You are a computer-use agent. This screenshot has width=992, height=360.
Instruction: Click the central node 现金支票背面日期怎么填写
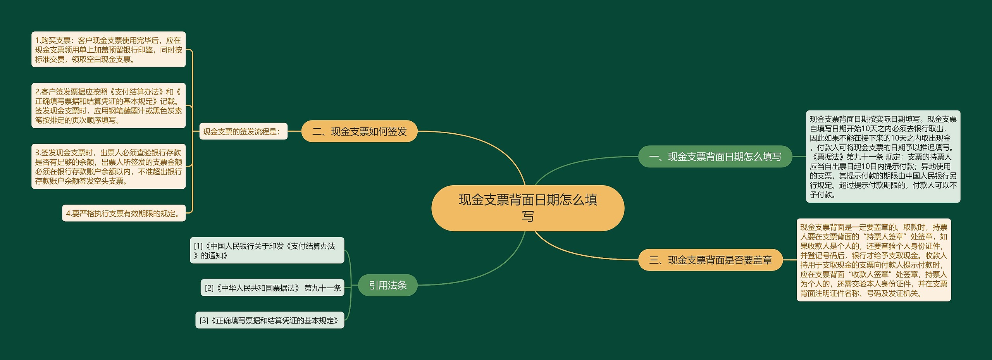[x=527, y=208]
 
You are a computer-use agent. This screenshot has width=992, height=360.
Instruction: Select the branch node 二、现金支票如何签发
[x=359, y=131]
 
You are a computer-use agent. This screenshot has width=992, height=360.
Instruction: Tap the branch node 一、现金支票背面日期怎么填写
[x=715, y=157]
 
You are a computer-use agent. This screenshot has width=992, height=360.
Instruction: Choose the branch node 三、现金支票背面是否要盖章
[x=710, y=260]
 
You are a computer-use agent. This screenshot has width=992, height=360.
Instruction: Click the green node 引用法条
[x=387, y=285]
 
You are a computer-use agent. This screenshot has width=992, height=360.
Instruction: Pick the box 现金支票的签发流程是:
[x=243, y=131]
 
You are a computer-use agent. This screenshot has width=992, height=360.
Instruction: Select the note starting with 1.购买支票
[x=108, y=50]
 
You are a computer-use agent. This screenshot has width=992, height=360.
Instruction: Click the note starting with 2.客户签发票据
[x=108, y=105]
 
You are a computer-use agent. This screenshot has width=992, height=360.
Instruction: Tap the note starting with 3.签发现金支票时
[x=108, y=167]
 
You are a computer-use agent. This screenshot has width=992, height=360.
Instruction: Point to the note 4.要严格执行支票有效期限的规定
[x=124, y=213]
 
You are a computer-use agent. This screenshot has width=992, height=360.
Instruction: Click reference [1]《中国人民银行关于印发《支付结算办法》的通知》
[x=267, y=250]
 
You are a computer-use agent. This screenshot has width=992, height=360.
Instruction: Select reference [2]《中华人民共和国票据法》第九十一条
[x=272, y=288]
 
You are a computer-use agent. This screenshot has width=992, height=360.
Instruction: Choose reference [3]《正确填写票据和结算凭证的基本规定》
[x=270, y=320]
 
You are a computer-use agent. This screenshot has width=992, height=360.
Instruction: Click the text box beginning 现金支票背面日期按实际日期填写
[x=883, y=157]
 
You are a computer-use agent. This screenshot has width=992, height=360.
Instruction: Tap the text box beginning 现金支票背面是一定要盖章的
[x=873, y=260]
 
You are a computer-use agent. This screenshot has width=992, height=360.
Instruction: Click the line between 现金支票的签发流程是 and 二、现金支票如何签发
[x=294, y=131]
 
